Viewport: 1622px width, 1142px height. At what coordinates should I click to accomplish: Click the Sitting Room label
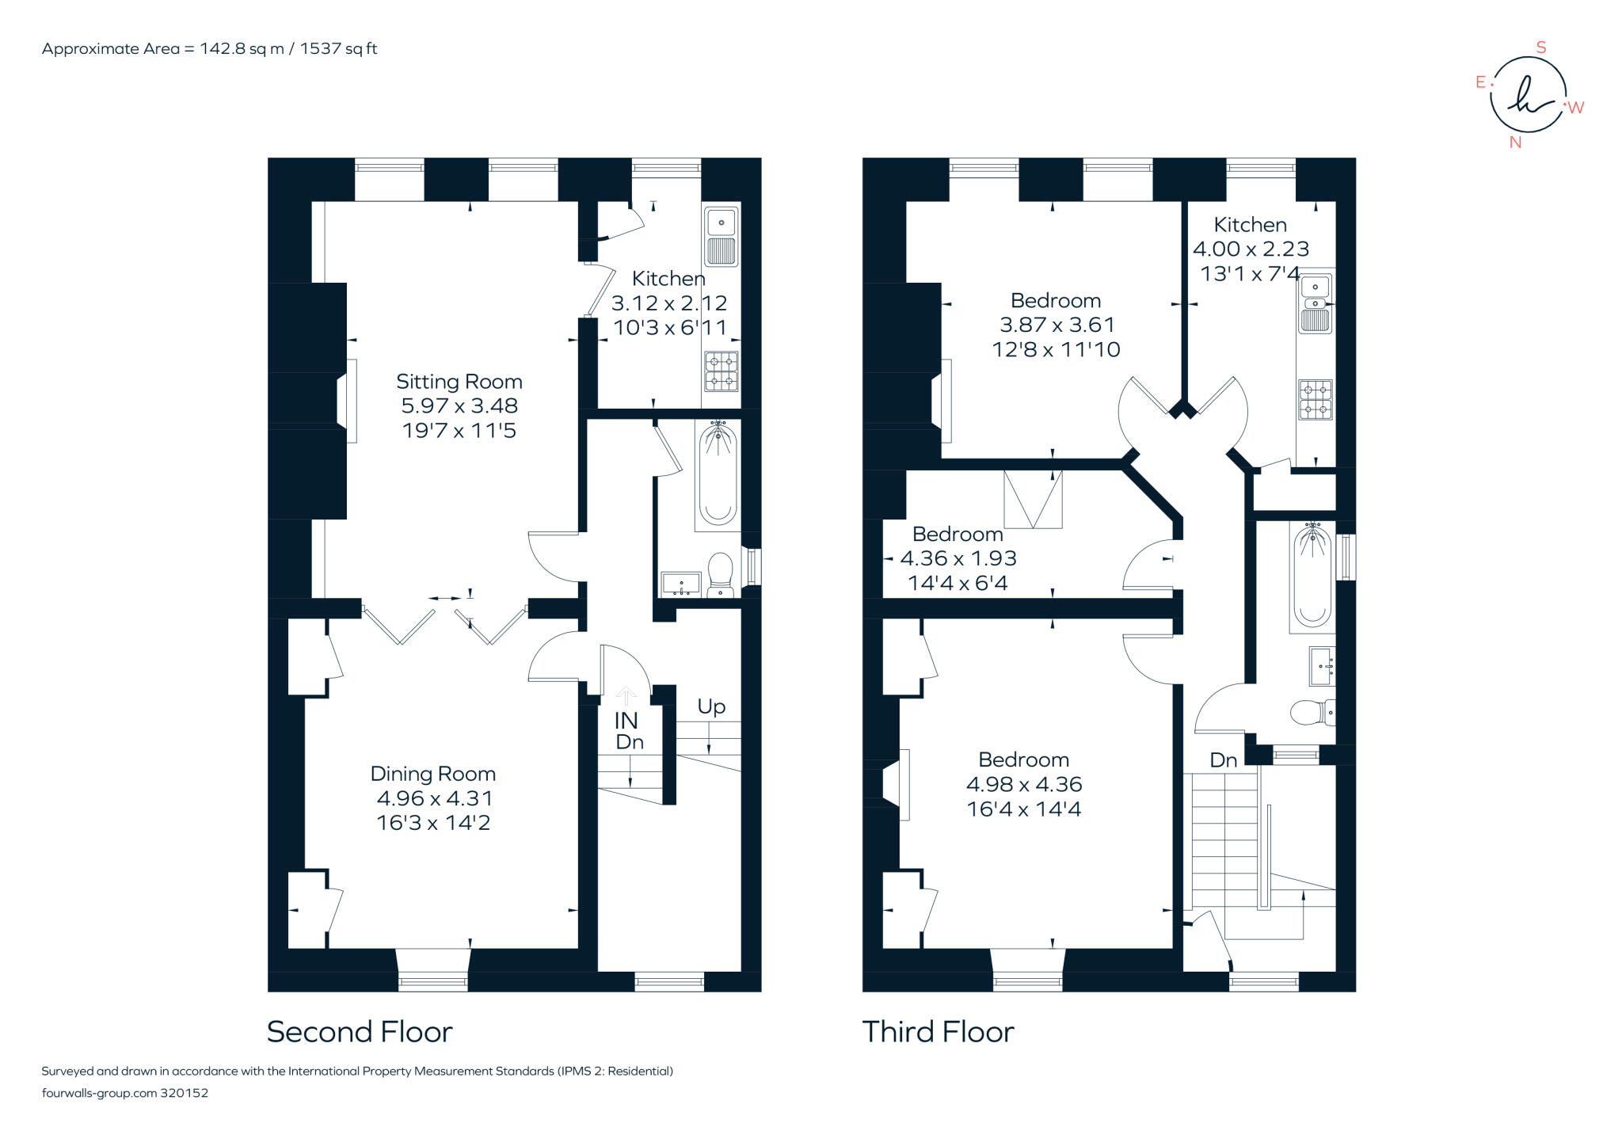point(459,382)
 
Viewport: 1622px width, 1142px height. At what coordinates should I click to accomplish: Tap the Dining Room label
point(432,774)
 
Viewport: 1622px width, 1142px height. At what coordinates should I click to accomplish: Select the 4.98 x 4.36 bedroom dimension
point(1023,784)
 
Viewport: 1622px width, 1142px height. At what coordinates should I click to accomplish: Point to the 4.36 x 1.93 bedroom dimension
point(958,558)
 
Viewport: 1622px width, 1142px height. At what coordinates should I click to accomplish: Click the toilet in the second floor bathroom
point(721,573)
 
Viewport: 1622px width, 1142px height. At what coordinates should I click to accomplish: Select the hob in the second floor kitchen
point(721,371)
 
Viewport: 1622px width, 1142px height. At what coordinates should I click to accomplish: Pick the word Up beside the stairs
point(711,706)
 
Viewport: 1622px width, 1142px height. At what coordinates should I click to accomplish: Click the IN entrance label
point(626,721)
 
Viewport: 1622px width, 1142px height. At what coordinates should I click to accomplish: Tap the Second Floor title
point(360,1032)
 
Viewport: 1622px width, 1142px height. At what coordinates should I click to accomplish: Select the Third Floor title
point(938,1032)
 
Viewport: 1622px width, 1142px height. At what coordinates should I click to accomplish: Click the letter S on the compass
point(1541,48)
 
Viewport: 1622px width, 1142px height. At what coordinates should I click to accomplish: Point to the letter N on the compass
point(1515,143)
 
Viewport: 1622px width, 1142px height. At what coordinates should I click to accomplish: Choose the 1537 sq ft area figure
point(338,48)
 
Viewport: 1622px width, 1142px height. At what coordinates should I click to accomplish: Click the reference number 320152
point(184,1093)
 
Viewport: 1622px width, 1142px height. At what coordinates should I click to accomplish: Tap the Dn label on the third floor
point(1223,760)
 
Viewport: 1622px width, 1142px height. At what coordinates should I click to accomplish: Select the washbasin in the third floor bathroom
point(1321,666)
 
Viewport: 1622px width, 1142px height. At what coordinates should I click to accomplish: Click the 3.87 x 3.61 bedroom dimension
point(1057,325)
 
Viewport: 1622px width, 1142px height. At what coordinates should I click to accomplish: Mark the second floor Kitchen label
point(668,279)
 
